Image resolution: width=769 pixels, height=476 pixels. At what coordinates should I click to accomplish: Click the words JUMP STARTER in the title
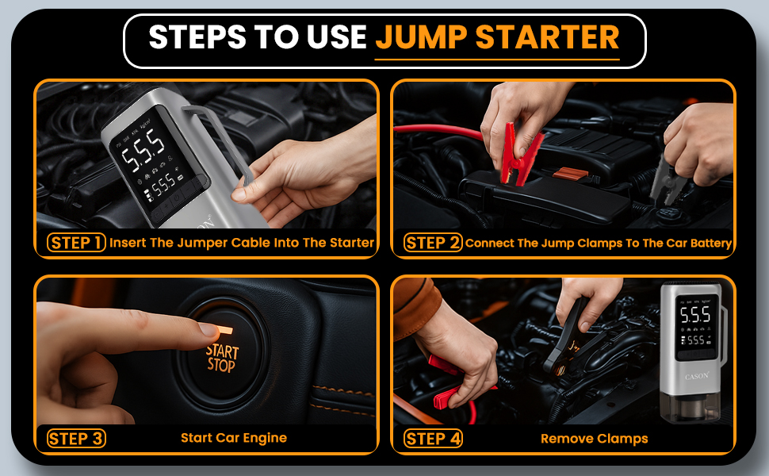point(497,37)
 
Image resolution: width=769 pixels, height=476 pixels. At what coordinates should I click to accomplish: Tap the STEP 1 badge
point(76,243)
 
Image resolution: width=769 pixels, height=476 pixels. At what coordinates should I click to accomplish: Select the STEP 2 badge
point(432,243)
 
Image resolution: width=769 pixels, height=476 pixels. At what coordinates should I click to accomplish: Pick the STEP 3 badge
point(76,438)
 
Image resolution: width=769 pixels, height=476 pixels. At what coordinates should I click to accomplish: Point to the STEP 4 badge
point(432,438)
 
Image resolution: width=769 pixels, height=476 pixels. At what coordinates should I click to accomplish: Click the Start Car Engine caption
point(234,438)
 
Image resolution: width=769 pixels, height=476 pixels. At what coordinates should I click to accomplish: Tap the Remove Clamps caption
point(594,439)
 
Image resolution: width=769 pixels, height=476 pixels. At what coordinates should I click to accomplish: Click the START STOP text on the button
point(221,358)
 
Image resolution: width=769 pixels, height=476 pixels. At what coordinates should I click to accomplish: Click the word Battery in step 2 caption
point(710,243)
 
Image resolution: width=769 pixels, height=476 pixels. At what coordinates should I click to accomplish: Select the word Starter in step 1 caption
point(352,243)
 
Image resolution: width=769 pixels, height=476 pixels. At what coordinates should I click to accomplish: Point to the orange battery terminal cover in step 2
point(570,172)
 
